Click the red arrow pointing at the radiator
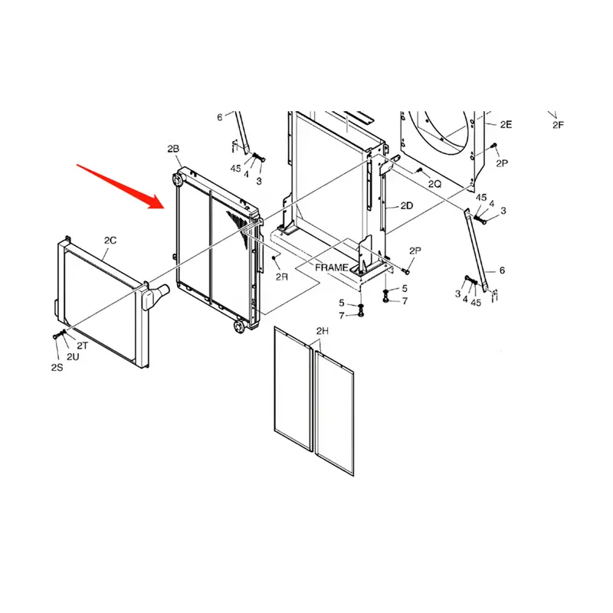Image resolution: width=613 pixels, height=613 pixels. (120, 186)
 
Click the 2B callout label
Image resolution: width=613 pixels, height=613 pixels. (173, 149)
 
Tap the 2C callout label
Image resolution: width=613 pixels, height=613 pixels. (110, 240)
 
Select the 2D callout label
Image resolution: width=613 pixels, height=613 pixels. (407, 205)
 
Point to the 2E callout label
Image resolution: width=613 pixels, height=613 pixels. (506, 124)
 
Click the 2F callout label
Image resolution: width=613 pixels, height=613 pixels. (558, 125)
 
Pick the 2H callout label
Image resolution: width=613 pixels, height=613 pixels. (322, 331)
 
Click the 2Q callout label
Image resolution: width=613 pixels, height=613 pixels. (434, 184)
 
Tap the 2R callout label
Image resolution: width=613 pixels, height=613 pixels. (281, 277)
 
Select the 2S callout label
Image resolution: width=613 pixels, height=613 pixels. (57, 368)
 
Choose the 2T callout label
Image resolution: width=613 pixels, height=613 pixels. (82, 346)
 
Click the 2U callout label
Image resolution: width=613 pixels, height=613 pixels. (73, 356)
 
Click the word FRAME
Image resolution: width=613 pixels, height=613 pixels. (332, 267)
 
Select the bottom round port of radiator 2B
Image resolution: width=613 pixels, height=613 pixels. (239, 326)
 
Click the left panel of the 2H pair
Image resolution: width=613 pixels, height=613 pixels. (293, 388)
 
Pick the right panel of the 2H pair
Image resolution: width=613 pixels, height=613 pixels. (335, 413)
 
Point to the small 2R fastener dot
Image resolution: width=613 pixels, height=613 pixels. (274, 257)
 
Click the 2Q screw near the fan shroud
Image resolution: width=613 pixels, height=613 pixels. (419, 170)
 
